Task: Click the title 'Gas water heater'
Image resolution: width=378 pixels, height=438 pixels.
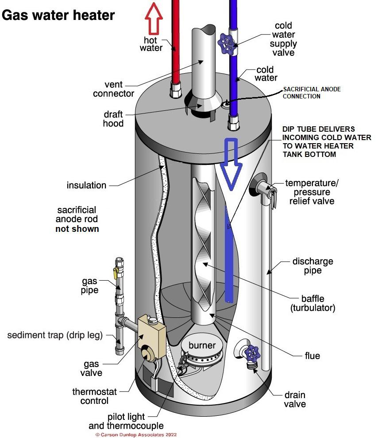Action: tap(58, 15)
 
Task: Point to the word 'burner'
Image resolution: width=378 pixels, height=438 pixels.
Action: tap(202, 345)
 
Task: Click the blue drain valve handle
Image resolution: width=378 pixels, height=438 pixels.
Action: tap(252, 353)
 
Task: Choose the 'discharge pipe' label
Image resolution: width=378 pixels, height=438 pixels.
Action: tap(312, 266)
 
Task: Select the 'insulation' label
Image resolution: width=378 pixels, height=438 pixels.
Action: tap(86, 185)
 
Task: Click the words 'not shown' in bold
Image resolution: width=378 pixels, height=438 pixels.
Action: tap(77, 229)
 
